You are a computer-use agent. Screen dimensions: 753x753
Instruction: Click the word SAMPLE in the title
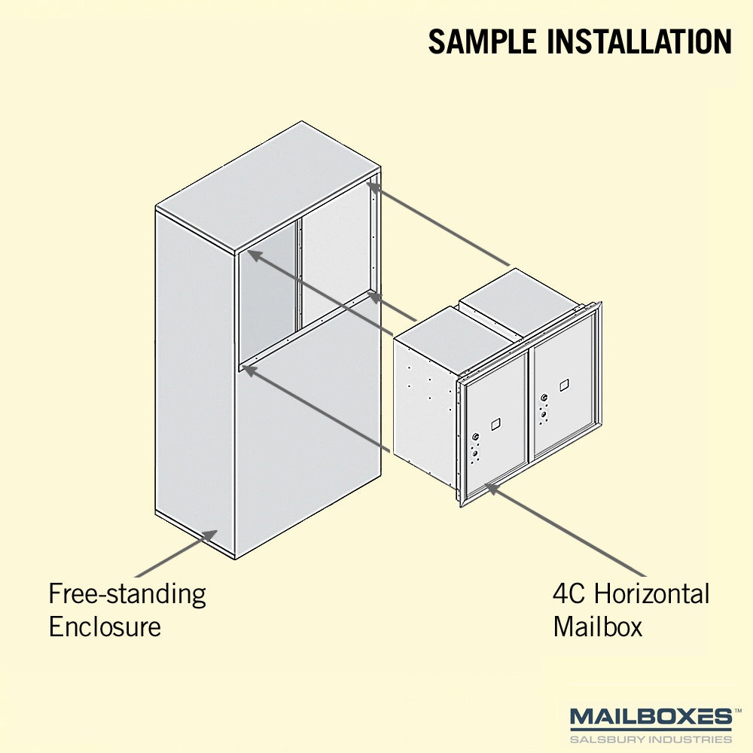tap(482, 41)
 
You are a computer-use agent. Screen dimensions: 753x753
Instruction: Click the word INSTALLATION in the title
tap(639, 41)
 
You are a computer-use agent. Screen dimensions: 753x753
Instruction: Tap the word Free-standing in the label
tap(127, 595)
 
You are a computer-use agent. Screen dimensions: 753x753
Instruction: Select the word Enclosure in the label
tap(105, 626)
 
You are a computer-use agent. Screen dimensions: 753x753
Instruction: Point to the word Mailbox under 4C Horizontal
tap(597, 626)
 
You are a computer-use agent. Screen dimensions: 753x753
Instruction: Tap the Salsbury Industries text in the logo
tap(651, 739)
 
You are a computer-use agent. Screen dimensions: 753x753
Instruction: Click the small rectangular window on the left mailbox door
tap(495, 424)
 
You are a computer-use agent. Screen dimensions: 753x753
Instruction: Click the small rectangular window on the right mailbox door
tap(564, 385)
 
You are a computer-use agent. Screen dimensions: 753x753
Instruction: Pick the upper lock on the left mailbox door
tap(475, 437)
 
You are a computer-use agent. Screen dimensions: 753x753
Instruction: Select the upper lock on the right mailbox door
tap(544, 398)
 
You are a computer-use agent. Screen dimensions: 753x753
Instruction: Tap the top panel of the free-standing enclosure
tap(269, 187)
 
